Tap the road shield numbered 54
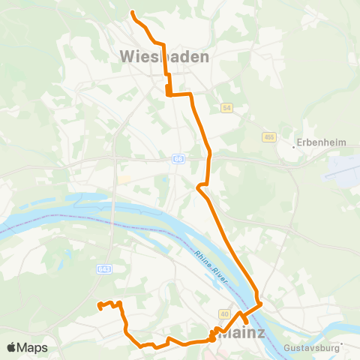pos(227,108)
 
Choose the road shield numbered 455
pos(269,137)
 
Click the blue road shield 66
pos(178,159)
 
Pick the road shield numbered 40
pos(224,313)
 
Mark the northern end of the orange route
pos(133,13)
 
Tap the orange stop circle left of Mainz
pos(212,337)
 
